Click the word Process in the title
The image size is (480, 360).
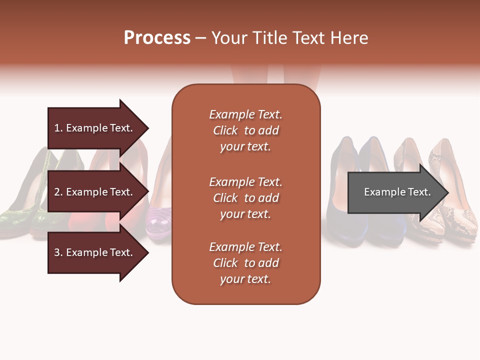[157, 38]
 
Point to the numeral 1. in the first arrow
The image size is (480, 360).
[58, 128]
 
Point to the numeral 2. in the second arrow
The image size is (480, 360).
[58, 192]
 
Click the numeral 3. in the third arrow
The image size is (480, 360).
[58, 252]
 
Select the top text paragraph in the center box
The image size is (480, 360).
[245, 130]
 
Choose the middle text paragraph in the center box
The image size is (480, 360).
[245, 198]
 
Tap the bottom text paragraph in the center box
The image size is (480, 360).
[245, 263]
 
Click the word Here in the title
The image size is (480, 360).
[351, 38]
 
